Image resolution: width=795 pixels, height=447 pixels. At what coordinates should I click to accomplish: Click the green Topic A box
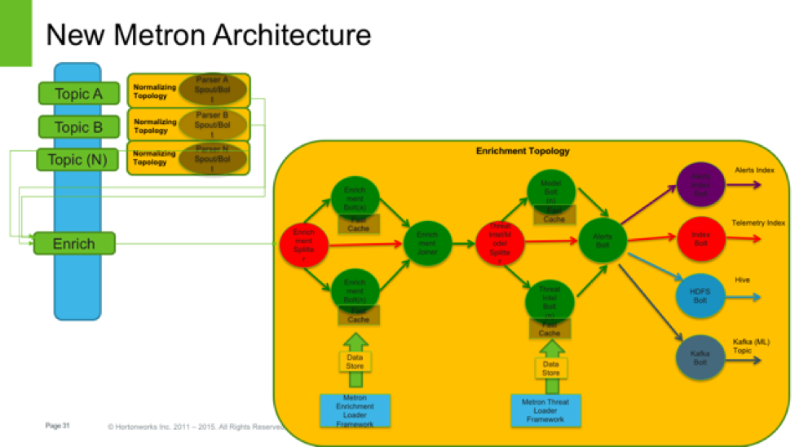pyautogui.click(x=78, y=94)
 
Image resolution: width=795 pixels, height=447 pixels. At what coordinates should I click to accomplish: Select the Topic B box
pyautogui.click(x=78, y=127)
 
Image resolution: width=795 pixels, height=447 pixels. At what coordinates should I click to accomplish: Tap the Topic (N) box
pyautogui.click(x=77, y=160)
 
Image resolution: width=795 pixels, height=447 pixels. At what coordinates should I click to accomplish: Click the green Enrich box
pyautogui.click(x=74, y=244)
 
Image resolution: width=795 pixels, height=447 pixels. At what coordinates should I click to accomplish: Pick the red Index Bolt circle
pyautogui.click(x=700, y=236)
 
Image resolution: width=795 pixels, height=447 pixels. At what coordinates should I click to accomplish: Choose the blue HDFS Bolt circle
pyautogui.click(x=700, y=295)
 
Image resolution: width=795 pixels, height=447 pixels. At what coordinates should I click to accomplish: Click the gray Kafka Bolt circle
pyautogui.click(x=700, y=356)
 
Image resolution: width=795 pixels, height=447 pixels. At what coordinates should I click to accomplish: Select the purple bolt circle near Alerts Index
pyautogui.click(x=700, y=184)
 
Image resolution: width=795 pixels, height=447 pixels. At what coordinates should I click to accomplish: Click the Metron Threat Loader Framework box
pyautogui.click(x=546, y=411)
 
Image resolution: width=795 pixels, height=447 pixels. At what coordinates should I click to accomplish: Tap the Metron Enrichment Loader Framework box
pyautogui.click(x=355, y=411)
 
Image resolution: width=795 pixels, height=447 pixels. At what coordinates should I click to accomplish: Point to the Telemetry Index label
pyautogui.click(x=758, y=223)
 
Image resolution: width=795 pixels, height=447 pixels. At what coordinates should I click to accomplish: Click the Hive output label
pyautogui.click(x=742, y=280)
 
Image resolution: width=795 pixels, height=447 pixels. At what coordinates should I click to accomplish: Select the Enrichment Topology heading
pyautogui.click(x=523, y=151)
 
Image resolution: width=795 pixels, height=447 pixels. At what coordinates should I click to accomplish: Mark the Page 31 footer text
pyautogui.click(x=58, y=425)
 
